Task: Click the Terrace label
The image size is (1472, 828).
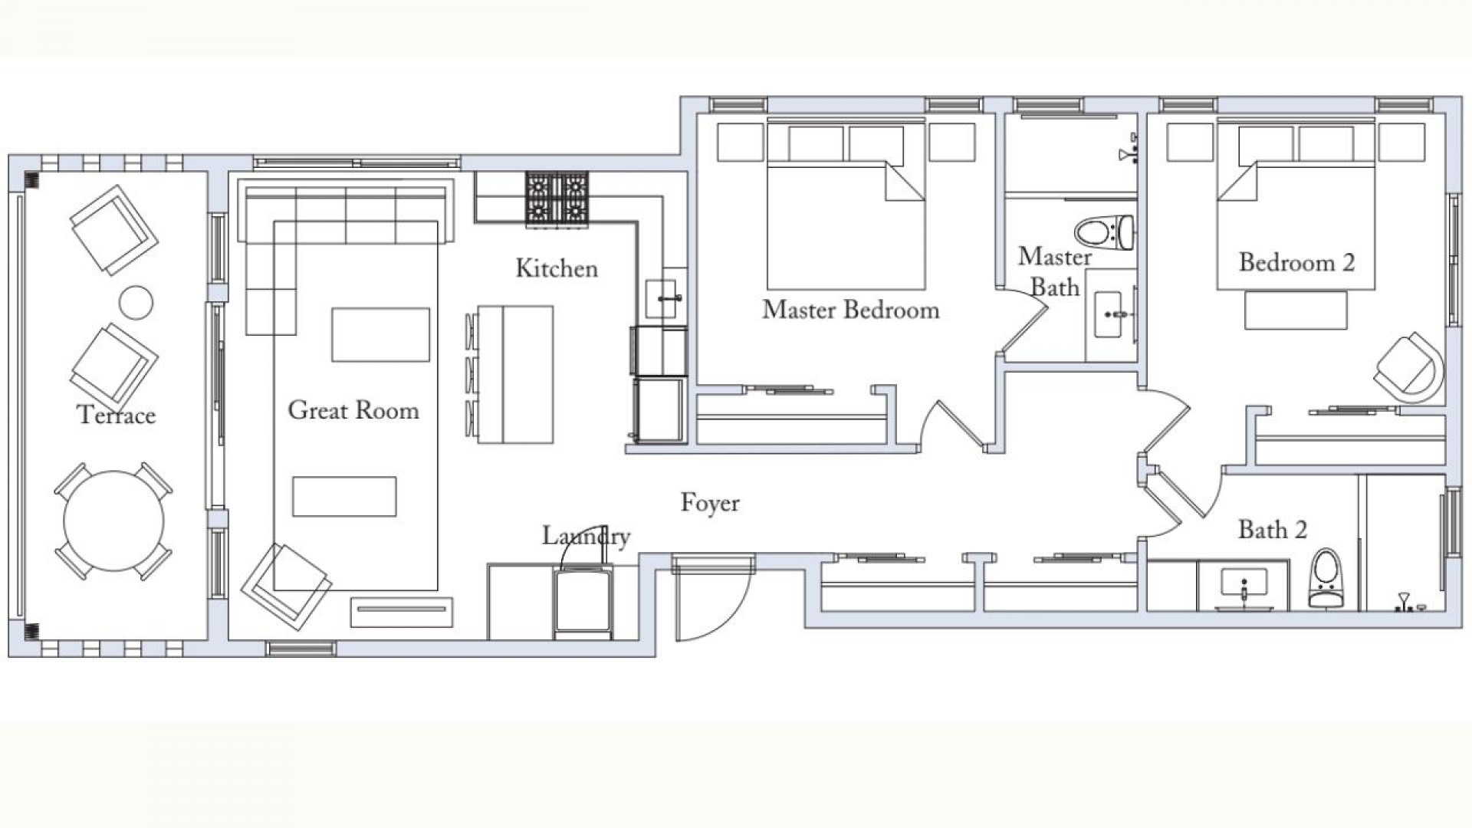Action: click(x=117, y=415)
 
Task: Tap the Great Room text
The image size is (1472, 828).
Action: click(x=353, y=410)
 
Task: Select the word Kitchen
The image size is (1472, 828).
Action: click(x=557, y=268)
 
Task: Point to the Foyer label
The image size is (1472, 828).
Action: click(x=710, y=504)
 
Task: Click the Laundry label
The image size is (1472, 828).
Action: click(x=586, y=536)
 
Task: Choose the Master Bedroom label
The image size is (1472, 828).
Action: click(x=850, y=310)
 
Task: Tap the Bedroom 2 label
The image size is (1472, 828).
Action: click(x=1296, y=263)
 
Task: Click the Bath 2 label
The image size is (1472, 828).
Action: click(x=1273, y=530)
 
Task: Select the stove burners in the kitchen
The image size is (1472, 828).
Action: click(x=557, y=199)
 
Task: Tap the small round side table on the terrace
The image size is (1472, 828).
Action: click(x=136, y=302)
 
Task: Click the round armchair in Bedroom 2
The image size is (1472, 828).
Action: click(x=1409, y=368)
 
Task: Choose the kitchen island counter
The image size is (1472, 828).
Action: click(x=515, y=375)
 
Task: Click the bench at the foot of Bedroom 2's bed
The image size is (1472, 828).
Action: click(x=1296, y=310)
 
